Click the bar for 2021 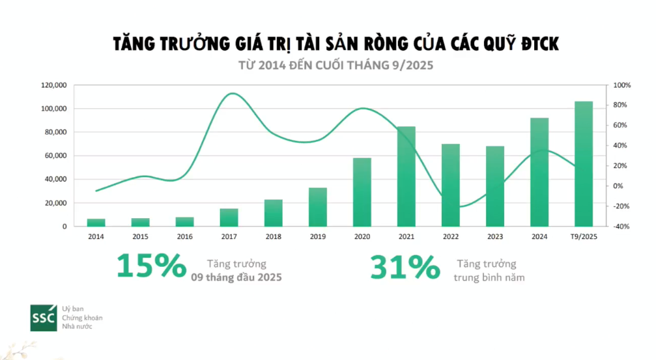406,176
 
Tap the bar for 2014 96,223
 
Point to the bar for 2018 274,213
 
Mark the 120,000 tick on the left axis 55,85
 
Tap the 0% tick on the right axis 619,186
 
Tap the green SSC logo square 43,317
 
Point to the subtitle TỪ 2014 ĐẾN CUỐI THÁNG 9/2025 335,66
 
